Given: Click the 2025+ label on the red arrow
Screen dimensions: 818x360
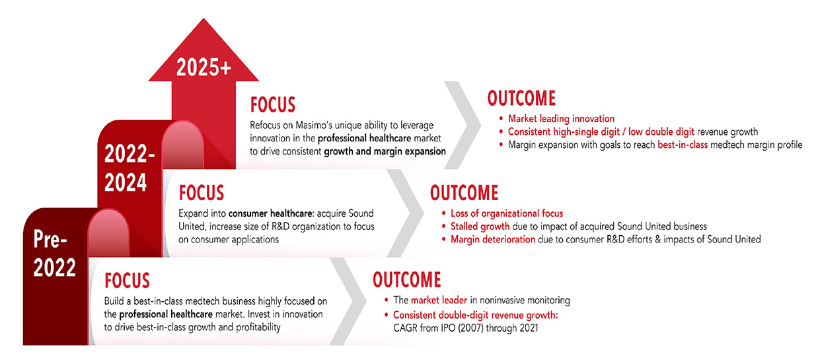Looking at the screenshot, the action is tap(204, 67).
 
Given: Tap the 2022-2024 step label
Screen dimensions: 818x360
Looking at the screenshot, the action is tap(130, 168).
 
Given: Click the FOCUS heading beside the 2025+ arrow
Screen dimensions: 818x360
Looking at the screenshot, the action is tap(272, 105).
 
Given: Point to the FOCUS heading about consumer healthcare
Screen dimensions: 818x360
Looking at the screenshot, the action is tap(202, 193).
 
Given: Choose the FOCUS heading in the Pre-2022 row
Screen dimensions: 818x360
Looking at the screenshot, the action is tap(127, 281).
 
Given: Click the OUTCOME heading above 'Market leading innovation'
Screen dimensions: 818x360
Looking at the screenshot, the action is tap(521, 98).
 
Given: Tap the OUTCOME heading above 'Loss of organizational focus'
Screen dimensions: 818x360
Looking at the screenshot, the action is tap(464, 193).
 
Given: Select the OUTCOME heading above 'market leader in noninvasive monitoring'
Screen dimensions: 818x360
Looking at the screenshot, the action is tap(407, 279).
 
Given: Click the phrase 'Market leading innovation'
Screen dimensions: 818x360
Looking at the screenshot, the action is tap(561, 119).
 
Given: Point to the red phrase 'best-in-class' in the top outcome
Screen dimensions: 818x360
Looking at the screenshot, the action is tap(683, 145).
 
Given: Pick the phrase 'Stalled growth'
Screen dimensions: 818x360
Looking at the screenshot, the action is tap(480, 227).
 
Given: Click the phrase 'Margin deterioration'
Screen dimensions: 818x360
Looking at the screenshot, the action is tap(493, 240).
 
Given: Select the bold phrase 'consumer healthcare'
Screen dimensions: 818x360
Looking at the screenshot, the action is tap(271, 213).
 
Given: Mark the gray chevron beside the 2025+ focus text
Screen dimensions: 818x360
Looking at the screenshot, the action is tap(463, 125).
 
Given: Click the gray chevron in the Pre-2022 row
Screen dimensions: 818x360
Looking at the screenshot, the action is tap(348, 301).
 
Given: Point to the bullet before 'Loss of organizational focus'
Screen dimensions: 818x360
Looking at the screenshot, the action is tap(444, 213).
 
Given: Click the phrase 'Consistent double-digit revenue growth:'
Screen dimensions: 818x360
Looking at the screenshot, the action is tap(476, 315).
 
